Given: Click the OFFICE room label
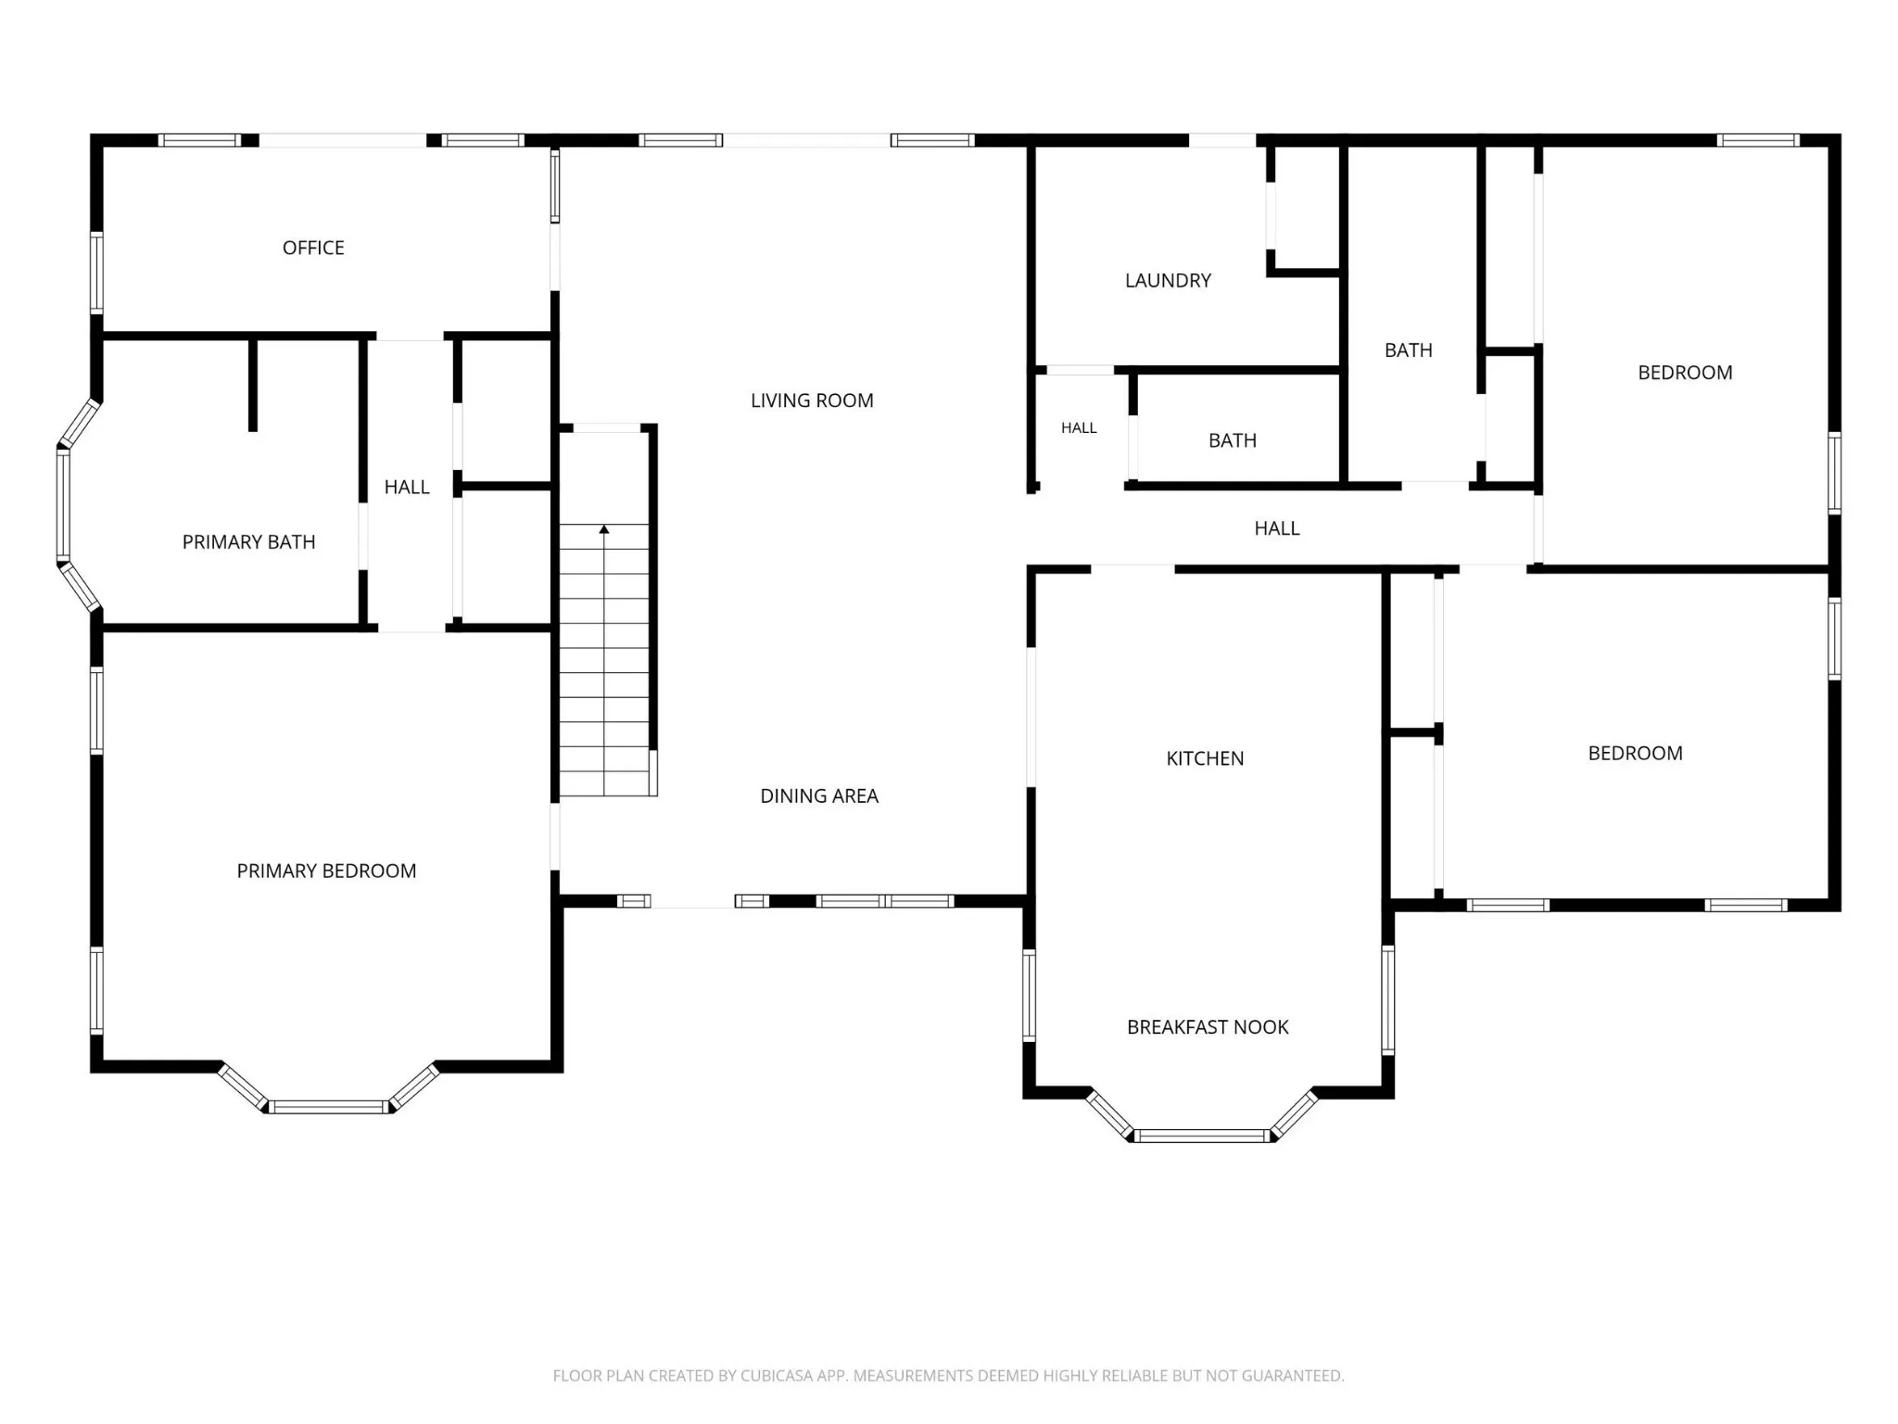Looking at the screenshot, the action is (x=313, y=248).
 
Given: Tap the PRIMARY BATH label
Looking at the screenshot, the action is (x=248, y=542).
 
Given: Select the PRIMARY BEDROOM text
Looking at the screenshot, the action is (x=326, y=871).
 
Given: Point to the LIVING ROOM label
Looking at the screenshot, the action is (x=812, y=400).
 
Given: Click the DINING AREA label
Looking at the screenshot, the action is (x=819, y=796).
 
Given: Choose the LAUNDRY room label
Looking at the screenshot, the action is (x=1168, y=281).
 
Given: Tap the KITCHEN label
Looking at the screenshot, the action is (x=1205, y=758).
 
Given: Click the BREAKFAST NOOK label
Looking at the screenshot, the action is (x=1208, y=1027).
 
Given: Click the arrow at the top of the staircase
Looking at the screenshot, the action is (x=604, y=529).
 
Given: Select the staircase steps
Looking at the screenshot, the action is (x=604, y=660).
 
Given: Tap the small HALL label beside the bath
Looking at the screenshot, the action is (x=1079, y=428).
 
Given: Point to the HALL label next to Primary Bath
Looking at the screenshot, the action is (x=407, y=488).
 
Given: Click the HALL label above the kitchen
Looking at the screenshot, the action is (x=1277, y=528).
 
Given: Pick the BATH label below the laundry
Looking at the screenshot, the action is (x=1233, y=441).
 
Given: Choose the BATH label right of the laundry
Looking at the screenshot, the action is (x=1409, y=350).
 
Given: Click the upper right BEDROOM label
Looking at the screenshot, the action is (x=1685, y=373).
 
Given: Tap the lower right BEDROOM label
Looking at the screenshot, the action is (x=1636, y=754).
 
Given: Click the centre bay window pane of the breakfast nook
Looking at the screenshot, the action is (x=1202, y=1136).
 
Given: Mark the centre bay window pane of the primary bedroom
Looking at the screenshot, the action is (x=328, y=1107).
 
